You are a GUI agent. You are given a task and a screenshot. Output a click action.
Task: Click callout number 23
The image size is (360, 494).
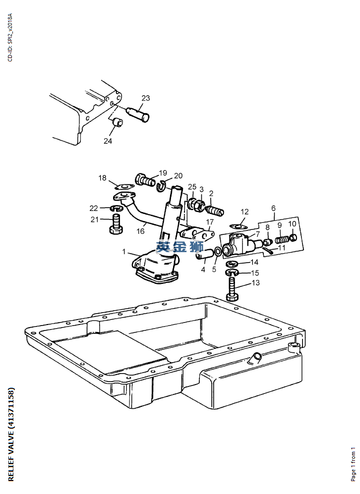coord(145,98)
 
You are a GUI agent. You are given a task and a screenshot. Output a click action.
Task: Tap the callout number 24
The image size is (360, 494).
coord(108,141)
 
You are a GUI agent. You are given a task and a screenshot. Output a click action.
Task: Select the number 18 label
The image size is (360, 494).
coord(102,178)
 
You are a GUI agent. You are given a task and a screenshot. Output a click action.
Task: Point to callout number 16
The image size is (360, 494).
coord(141,231)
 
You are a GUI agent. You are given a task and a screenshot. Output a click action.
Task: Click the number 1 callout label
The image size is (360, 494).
coord(124,252)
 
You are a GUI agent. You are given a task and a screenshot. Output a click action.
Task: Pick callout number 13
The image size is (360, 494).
coord(256,283)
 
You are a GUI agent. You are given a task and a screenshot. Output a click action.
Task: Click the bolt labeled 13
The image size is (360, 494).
coord(234,290)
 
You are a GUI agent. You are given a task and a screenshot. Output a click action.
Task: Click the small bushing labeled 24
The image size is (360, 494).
coord(117,122)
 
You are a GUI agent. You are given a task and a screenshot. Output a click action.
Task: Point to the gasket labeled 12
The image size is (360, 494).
coord(239,226)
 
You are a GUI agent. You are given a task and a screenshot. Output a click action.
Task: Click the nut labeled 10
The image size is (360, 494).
coord(293,238)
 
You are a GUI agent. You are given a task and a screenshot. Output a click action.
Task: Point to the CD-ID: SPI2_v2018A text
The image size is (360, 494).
coord(10,38)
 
